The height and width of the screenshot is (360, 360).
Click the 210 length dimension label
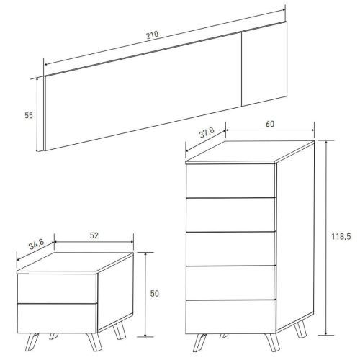[x=153, y=35]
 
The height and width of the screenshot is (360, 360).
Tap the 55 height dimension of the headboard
[x=29, y=115]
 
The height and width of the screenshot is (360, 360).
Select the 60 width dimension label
[x=270, y=124]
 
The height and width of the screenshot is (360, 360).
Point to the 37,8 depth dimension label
[x=207, y=132]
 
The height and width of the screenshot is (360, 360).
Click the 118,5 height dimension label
[x=341, y=237]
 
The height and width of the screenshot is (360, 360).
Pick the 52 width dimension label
[x=94, y=235]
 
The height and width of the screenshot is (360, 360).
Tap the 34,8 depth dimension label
[x=36, y=245]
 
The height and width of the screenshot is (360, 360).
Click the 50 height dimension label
[x=155, y=294]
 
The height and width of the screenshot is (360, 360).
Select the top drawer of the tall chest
[x=230, y=181]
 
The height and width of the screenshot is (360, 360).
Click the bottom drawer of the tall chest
[x=230, y=317]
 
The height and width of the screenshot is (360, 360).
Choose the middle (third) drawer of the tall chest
[x=230, y=249]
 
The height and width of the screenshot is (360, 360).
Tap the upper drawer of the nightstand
[x=57, y=288]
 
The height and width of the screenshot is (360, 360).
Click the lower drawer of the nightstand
[x=57, y=318]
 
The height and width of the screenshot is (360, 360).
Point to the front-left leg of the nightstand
[x=32, y=342]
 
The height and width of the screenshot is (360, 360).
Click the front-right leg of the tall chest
[x=272, y=343]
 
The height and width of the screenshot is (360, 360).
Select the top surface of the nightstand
[x=75, y=262]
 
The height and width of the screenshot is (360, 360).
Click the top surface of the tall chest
[x=250, y=151]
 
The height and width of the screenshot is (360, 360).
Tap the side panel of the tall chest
[x=295, y=236]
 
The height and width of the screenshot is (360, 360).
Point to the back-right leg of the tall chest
[x=300, y=328]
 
